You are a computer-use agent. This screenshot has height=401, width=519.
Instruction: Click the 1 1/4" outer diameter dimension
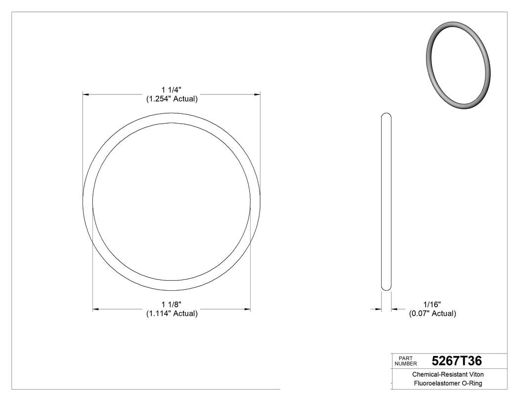[x=172, y=89]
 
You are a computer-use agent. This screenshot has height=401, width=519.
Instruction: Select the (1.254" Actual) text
[x=172, y=99]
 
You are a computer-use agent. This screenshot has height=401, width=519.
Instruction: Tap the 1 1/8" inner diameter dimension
[x=172, y=304]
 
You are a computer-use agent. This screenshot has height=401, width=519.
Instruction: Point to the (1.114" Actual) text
[x=172, y=313]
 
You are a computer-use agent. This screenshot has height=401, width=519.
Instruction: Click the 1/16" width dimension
[x=432, y=304]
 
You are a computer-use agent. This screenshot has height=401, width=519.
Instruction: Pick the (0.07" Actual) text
[x=432, y=313]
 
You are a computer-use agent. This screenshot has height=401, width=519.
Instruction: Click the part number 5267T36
[x=457, y=361]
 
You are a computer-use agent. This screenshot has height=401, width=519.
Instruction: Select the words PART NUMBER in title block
[x=406, y=361]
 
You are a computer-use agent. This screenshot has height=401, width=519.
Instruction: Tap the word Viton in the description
[x=475, y=375]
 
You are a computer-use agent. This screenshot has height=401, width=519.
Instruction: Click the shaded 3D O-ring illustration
[x=458, y=65]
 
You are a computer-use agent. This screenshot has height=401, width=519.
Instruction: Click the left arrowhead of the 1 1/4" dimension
[x=85, y=93]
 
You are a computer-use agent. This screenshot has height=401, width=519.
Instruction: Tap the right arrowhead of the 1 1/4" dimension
[x=257, y=93]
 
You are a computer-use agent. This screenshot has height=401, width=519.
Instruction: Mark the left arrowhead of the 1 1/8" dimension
[x=96, y=310]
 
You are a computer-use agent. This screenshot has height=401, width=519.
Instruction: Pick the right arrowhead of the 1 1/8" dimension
[x=247, y=310]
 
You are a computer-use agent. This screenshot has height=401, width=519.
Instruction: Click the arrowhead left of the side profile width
[x=378, y=310]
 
